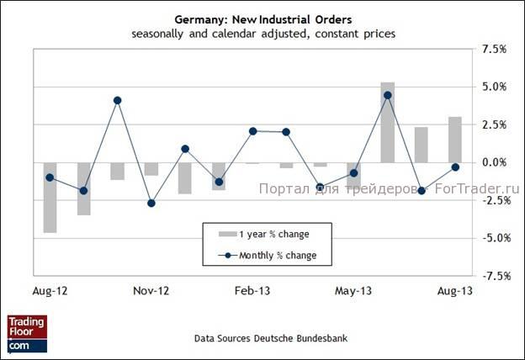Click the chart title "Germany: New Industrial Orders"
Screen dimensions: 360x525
point(262,19)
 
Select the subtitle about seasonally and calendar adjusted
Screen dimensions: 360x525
point(262,34)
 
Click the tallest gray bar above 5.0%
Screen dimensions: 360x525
point(387,122)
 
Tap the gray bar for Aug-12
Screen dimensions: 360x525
point(50,197)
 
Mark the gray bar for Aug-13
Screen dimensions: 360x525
point(454,140)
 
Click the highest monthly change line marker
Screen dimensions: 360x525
point(387,95)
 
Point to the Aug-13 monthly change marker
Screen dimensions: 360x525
point(454,167)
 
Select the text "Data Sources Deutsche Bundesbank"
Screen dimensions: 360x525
point(270,338)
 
